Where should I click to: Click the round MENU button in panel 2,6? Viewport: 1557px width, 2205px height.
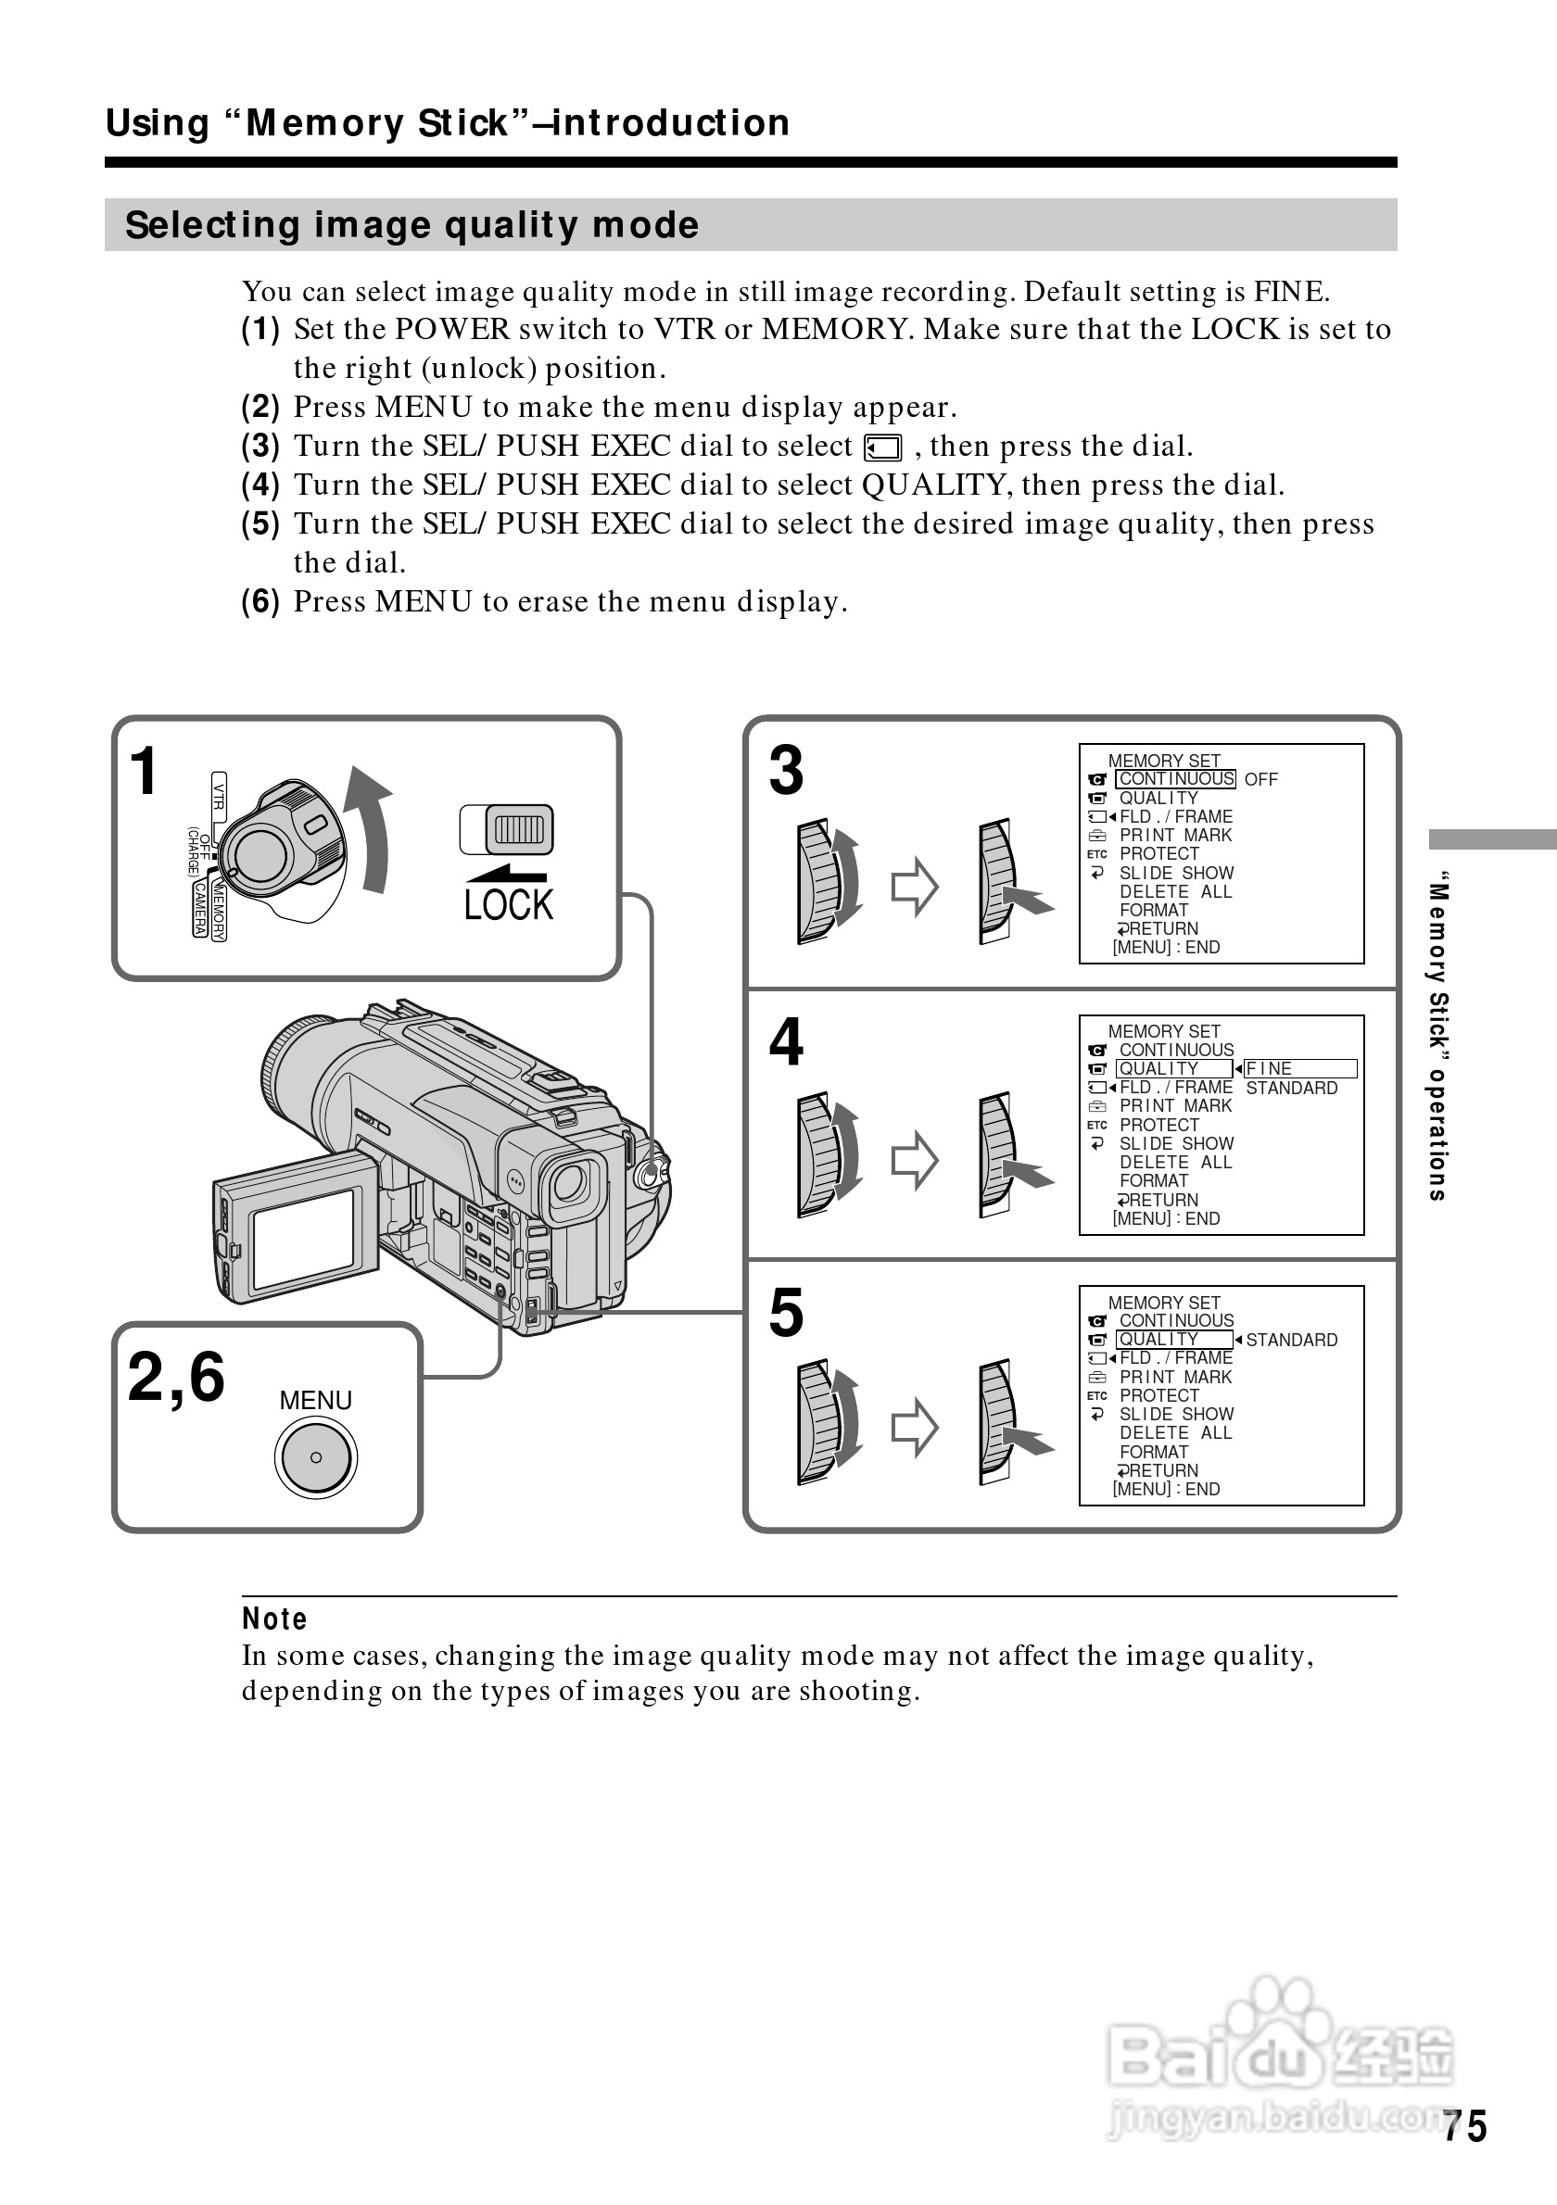pos(316,1456)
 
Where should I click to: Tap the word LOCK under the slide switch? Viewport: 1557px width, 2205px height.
pos(508,904)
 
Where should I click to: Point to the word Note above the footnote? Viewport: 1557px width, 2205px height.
pos(274,1619)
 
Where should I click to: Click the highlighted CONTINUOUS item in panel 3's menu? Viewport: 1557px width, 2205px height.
pos(1175,779)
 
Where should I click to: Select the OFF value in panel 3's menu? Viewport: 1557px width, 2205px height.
pos(1260,780)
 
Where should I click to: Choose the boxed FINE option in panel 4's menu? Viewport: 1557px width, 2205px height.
pos(1299,1069)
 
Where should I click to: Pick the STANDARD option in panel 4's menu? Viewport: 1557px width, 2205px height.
pos(1291,1088)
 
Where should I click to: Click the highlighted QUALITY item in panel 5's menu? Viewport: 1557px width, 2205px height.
pos(1172,1340)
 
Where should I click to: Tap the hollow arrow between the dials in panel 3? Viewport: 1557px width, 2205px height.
pos(915,886)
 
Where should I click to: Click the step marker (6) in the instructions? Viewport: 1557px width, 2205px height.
pos(260,602)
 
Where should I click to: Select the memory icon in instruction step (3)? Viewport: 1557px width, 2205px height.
pos(882,448)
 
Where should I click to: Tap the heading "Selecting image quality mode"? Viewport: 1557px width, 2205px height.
pos(412,226)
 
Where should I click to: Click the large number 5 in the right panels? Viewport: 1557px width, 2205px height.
pos(786,1313)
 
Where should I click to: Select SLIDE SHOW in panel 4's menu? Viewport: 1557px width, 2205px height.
pos(1176,1144)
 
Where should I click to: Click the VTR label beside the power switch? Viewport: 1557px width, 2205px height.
pos(219,796)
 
